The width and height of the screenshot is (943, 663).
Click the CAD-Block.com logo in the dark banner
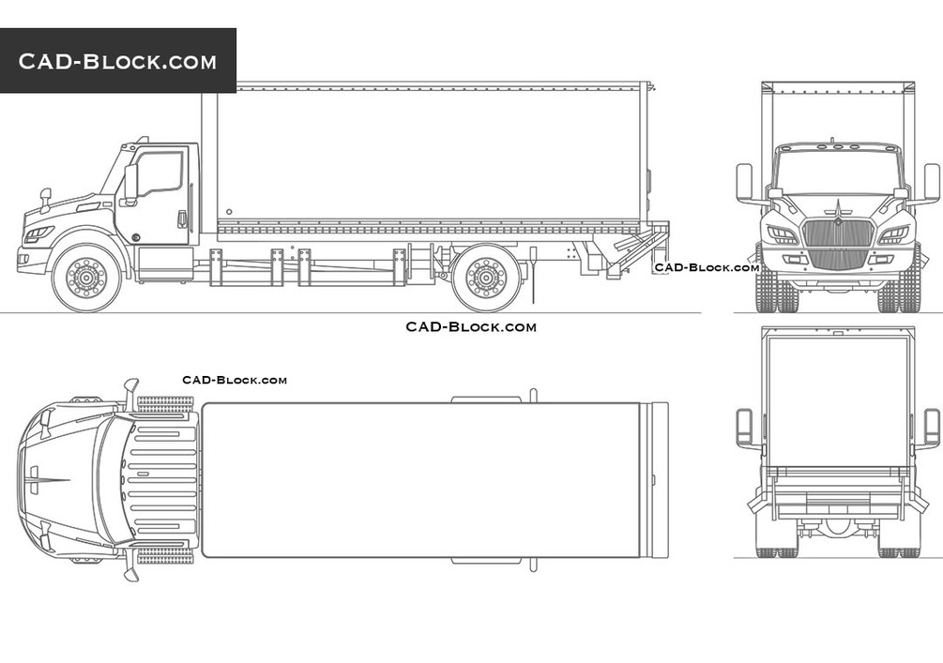click(117, 61)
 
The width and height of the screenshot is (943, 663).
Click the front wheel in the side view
click(86, 278)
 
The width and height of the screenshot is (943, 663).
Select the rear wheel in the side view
click(486, 278)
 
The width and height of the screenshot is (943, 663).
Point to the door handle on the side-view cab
click(182, 219)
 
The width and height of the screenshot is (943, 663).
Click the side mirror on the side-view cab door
click(129, 183)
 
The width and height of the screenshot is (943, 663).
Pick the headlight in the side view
click(38, 234)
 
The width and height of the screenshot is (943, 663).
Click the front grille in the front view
click(838, 244)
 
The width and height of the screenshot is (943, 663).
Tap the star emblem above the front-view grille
click(837, 208)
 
